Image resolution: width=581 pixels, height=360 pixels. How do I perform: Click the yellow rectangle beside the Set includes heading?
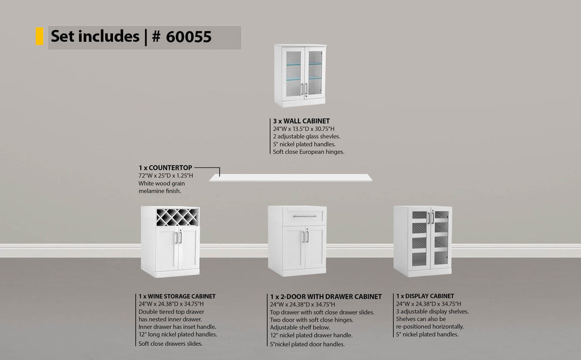pyautogui.click(x=39, y=36)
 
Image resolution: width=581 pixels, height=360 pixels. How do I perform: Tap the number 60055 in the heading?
pyautogui.click(x=188, y=37)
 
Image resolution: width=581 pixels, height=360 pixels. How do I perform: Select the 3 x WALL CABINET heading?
pyautogui.click(x=301, y=121)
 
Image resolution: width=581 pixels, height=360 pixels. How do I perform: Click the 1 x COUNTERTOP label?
pyautogui.click(x=165, y=168)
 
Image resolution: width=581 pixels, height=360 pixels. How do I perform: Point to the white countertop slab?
pyautogui.click(x=290, y=178)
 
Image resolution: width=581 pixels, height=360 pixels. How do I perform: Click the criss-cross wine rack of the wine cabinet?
pyautogui.click(x=177, y=217)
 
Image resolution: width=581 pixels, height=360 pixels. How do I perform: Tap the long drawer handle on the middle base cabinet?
pyautogui.click(x=305, y=216)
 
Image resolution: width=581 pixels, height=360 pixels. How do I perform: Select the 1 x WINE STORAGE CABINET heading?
pyautogui.click(x=177, y=297)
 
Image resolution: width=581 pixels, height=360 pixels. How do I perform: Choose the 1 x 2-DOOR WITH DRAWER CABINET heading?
pyautogui.click(x=326, y=297)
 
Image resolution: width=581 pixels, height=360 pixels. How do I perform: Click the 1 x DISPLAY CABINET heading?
pyautogui.click(x=425, y=296)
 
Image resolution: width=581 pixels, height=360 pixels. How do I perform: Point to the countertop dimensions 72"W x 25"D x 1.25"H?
pyautogui.click(x=166, y=176)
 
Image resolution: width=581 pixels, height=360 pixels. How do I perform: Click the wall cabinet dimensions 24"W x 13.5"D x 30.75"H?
pyautogui.click(x=304, y=129)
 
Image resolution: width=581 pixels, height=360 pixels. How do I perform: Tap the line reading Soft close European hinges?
pyautogui.click(x=309, y=152)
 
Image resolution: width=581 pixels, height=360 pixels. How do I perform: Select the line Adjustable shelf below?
pyautogui.click(x=300, y=328)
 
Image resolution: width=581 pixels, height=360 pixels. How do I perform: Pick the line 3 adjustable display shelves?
pyautogui.click(x=432, y=311)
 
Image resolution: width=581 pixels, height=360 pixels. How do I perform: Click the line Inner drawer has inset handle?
pyautogui.click(x=177, y=327)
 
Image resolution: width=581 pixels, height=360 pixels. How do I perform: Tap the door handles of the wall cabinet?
pyautogui.click(x=304, y=89)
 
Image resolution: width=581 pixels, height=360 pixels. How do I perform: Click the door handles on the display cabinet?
pyautogui.click(x=431, y=217)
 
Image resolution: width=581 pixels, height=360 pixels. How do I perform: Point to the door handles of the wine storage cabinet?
pyautogui.click(x=178, y=238)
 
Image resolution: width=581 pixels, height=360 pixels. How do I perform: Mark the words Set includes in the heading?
pyautogui.click(x=95, y=36)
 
